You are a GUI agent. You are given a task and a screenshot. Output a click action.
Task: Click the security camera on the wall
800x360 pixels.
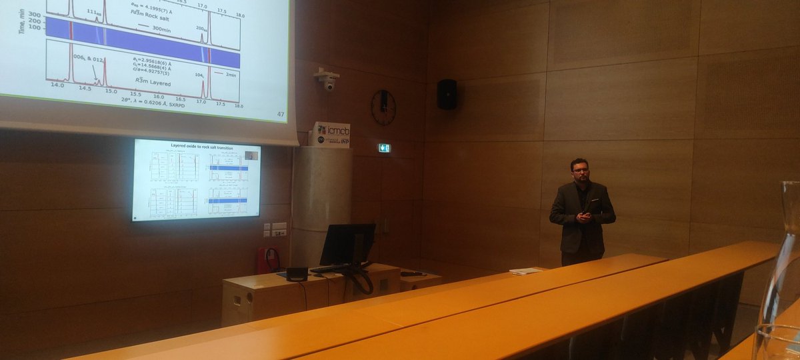pos(327,81)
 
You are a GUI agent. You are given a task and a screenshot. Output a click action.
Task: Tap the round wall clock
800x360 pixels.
pos(383,107)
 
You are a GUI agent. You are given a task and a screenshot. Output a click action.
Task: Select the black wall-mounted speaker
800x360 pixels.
pos(447,94)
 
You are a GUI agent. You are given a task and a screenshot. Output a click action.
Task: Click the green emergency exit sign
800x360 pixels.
pos(385,147)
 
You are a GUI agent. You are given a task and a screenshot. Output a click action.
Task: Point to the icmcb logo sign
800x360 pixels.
pos(331,133)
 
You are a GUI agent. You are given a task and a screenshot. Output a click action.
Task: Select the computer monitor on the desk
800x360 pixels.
pos(347,244)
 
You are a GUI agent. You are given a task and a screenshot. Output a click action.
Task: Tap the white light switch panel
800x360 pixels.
pos(279,229)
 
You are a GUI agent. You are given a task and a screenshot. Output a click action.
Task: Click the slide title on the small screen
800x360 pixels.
pos(196,145)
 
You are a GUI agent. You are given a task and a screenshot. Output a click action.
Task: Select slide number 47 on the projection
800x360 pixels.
pos(281,115)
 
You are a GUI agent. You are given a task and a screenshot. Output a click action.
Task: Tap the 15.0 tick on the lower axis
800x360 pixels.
pos(111,90)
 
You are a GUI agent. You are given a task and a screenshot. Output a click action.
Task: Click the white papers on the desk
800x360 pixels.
pos(526,271)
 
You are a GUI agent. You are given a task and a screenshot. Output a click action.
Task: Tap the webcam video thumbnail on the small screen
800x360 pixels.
pos(251,155)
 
